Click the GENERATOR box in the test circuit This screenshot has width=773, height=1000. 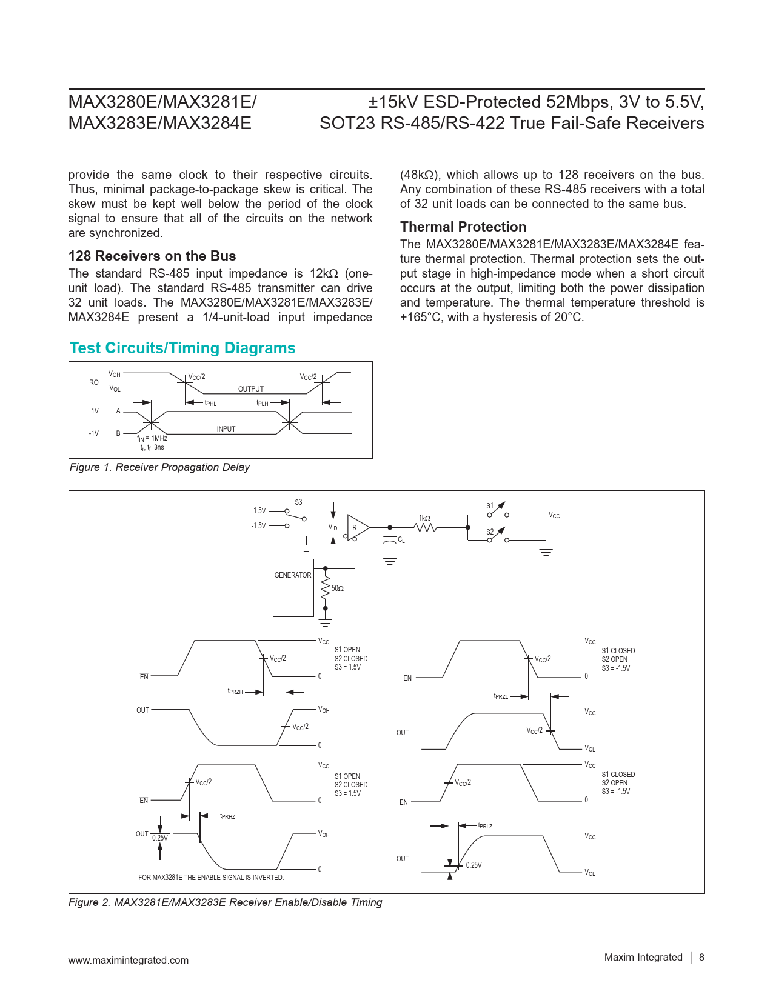pyautogui.click(x=293, y=588)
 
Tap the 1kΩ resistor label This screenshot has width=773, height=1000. pyautogui.click(x=424, y=518)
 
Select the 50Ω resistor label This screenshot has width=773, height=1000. pyautogui.click(x=338, y=588)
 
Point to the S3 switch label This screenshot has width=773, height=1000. pyautogui.click(x=298, y=502)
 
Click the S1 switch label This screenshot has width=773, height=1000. pyautogui.click(x=490, y=505)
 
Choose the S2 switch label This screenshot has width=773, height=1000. pyautogui.click(x=490, y=532)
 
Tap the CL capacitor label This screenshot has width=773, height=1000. pyautogui.click(x=401, y=540)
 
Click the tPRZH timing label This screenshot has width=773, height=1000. pyautogui.click(x=235, y=692)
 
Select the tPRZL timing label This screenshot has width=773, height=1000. pyautogui.click(x=501, y=696)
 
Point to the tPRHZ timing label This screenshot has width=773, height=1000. pyautogui.click(x=228, y=816)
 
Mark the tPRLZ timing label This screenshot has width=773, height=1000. pyautogui.click(x=485, y=825)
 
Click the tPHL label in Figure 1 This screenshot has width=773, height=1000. pyautogui.click(x=210, y=403)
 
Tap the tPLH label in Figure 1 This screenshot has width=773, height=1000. pyautogui.click(x=263, y=403)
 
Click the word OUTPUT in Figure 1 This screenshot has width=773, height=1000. pyautogui.click(x=251, y=389)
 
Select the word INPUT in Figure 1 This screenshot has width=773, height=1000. pyautogui.click(x=226, y=429)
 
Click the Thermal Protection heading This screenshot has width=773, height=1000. pyautogui.click(x=463, y=227)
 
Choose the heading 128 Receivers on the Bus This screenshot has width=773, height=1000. pyautogui.click(x=152, y=256)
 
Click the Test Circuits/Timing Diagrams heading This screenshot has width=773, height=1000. pyautogui.click(x=182, y=348)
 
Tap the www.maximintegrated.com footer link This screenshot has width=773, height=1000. pyautogui.click(x=129, y=960)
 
